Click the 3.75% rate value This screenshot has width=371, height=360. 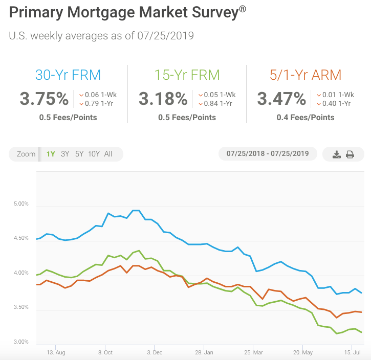45,98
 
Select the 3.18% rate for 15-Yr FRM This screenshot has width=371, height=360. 164,98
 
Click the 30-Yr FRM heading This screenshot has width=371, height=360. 68,75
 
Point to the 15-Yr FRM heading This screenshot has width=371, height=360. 187,75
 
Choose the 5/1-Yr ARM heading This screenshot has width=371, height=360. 305,75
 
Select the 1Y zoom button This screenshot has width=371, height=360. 51,154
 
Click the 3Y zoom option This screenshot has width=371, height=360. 65,154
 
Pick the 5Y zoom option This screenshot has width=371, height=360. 79,154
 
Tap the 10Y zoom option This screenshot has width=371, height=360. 94,154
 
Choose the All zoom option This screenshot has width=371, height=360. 108,154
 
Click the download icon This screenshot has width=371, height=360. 336,154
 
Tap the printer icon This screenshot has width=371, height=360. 350,154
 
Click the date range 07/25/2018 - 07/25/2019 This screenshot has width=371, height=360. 268,154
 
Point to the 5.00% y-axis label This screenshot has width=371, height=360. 21,204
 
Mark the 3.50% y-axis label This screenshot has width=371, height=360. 21,307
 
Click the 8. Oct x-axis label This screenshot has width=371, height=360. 105,352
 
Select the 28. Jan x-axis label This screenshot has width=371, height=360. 204,352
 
